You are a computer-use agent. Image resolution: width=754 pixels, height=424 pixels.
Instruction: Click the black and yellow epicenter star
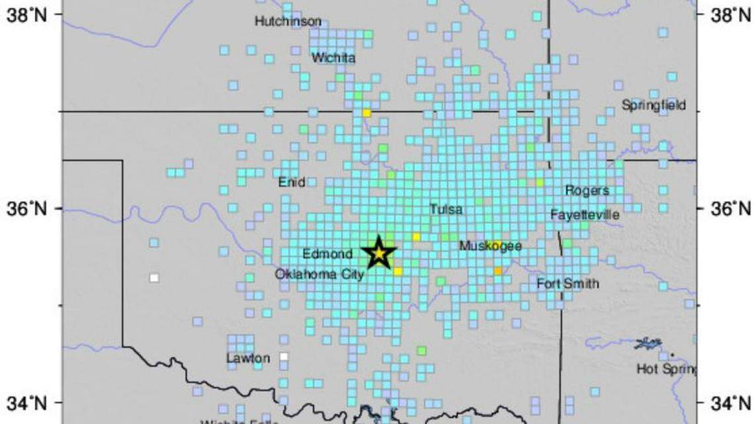click(x=379, y=253)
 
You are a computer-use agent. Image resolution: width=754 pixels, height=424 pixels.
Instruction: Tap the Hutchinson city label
click(x=288, y=21)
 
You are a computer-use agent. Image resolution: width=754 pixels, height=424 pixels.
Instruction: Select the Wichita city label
click(x=333, y=58)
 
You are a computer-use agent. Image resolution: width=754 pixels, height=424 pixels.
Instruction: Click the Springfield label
click(x=654, y=105)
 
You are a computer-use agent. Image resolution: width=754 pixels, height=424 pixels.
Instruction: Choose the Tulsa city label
click(x=446, y=210)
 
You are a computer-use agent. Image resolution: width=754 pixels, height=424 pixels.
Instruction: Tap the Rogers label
click(x=587, y=191)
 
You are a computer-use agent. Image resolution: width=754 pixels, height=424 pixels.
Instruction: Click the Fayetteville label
click(x=585, y=215)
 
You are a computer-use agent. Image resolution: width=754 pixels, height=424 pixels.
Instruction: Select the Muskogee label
click(x=491, y=247)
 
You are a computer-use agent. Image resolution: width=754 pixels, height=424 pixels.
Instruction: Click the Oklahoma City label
click(x=319, y=274)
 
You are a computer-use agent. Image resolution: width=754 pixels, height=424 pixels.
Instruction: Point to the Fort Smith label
click(x=567, y=284)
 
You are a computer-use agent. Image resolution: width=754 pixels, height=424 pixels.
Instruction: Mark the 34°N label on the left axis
click(x=26, y=402)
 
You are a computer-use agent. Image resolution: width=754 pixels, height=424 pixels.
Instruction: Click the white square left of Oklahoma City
click(x=154, y=278)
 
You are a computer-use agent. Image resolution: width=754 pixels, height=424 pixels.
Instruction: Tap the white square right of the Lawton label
click(x=284, y=357)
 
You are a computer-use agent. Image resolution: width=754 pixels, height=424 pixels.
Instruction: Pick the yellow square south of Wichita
click(x=366, y=113)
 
